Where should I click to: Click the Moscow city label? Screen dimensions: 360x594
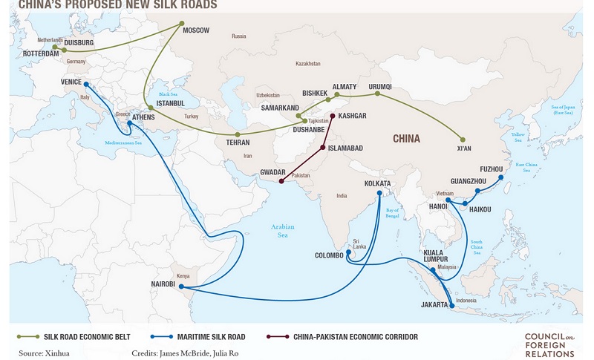(x=198, y=30)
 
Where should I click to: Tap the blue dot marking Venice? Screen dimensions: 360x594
(x=86, y=85)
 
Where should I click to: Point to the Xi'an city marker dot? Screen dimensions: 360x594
(x=463, y=140)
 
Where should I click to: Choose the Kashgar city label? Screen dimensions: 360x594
(x=353, y=117)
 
